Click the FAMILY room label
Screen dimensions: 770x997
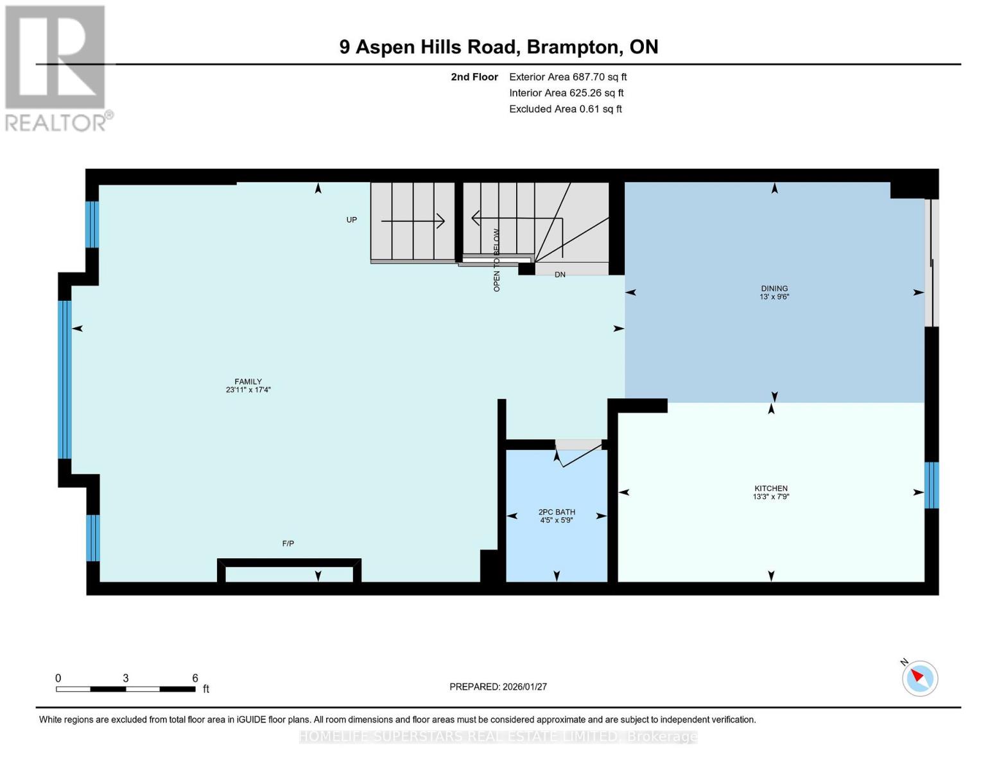coord(248,381)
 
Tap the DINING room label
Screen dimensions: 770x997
coord(774,289)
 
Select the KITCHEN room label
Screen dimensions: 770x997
coord(770,488)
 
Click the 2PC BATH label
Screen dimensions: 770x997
coord(557,512)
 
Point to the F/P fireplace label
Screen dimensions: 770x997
coord(288,543)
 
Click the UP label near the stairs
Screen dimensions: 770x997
coord(351,220)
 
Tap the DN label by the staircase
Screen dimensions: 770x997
coord(560,275)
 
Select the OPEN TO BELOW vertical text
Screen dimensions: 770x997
coord(496,261)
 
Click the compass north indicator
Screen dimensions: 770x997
coord(919,678)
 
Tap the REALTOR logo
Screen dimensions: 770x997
coord(56,68)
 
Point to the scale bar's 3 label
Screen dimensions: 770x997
coord(126,678)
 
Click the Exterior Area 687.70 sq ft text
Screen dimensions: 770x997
coord(568,77)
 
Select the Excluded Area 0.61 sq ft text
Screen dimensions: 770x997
coord(565,109)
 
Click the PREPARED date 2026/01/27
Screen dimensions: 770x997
coord(498,687)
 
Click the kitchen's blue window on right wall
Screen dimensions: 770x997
coord(931,485)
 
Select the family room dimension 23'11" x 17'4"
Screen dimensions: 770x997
coord(248,389)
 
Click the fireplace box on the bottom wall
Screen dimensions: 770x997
coord(289,570)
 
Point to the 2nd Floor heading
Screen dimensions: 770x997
coord(474,77)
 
